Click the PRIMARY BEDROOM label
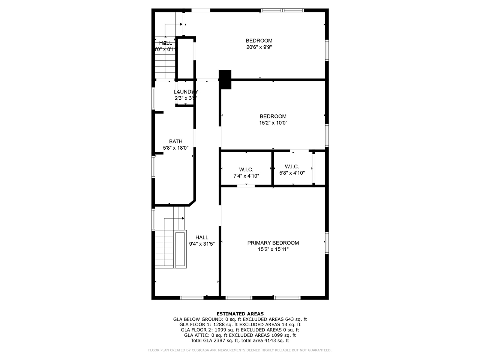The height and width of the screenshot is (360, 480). [273, 243]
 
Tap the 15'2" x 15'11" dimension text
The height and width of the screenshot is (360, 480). [273, 249]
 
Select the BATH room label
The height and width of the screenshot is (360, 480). [175, 141]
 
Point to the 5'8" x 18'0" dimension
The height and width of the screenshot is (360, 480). [175, 148]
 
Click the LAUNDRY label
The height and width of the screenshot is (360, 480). [186, 92]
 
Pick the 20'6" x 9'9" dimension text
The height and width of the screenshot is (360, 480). [259, 47]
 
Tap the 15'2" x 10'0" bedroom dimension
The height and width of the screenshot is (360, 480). [273, 123]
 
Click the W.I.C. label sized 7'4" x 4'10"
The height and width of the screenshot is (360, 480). [246, 169]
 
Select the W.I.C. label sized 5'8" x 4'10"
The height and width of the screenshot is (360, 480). [292, 166]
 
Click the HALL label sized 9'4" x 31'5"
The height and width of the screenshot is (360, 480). [202, 237]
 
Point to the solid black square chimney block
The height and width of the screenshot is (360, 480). [225, 79]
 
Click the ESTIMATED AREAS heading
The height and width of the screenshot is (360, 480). [240, 314]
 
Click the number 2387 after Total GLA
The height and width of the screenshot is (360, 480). [220, 340]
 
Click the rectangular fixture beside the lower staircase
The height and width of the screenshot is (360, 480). [180, 249]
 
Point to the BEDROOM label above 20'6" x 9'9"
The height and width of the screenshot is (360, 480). [259, 40]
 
